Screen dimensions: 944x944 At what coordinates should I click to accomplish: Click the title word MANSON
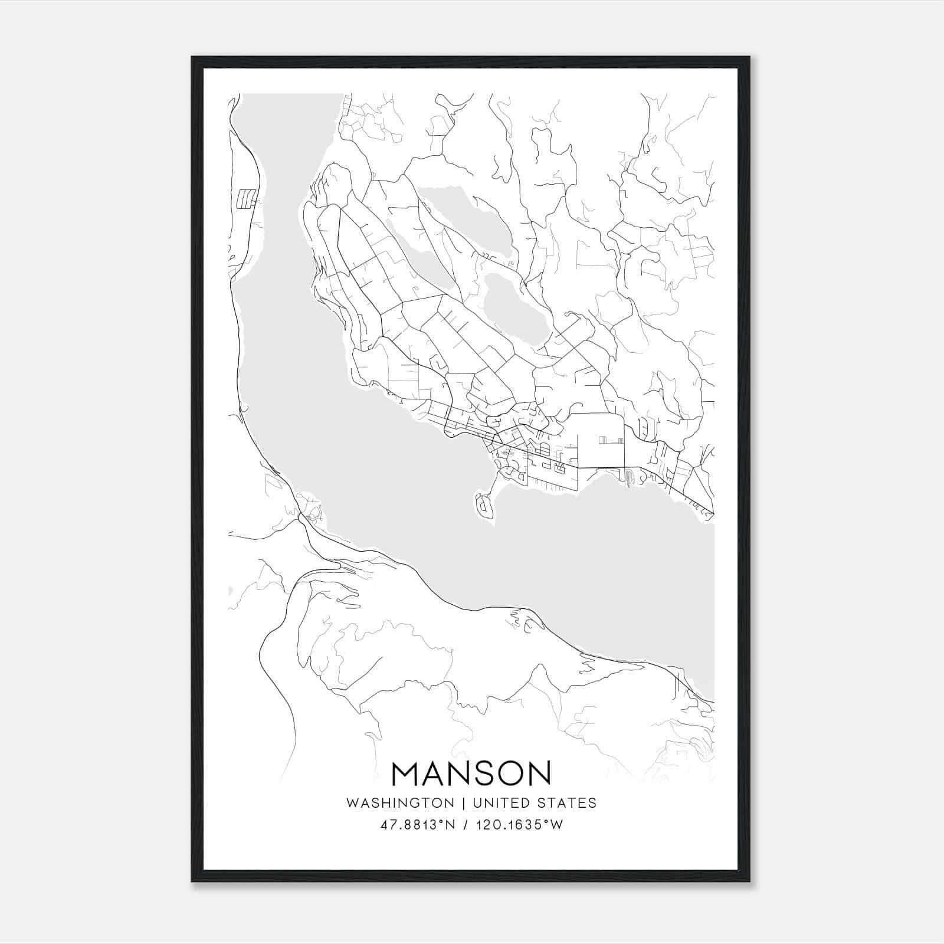(x=471, y=773)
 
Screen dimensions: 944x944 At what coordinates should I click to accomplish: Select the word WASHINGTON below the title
(x=400, y=803)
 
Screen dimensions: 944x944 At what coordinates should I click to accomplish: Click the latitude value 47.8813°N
(x=418, y=825)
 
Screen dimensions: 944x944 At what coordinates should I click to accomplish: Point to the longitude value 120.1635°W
(x=519, y=825)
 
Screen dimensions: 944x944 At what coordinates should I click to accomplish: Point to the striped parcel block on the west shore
(x=245, y=199)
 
